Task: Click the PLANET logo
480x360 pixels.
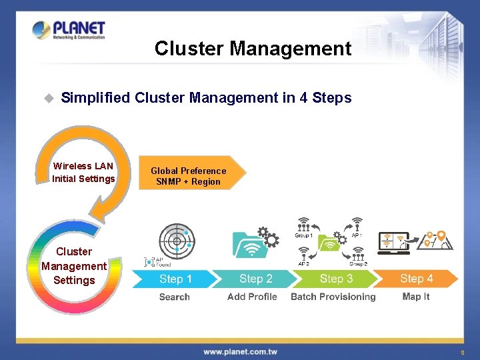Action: pos(69,31)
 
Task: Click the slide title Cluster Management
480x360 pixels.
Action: pos(253,49)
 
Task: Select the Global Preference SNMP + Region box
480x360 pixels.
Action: pos(190,176)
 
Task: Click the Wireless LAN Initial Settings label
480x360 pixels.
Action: pos(83,172)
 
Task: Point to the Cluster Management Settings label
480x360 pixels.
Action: pos(74,265)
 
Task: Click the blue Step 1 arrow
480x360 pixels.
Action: pos(175,279)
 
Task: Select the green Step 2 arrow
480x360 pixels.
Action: pos(256,279)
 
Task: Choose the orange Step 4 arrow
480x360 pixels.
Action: pos(417,279)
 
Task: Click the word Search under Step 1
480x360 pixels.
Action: pos(175,297)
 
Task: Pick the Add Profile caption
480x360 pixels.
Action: pos(252,297)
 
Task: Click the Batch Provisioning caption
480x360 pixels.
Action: pos(333,297)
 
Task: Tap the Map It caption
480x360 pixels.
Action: pos(416,297)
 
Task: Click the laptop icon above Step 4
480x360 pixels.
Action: pos(394,243)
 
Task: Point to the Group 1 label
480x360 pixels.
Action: pos(304,235)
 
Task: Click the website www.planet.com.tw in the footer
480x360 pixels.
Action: pos(240,351)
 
